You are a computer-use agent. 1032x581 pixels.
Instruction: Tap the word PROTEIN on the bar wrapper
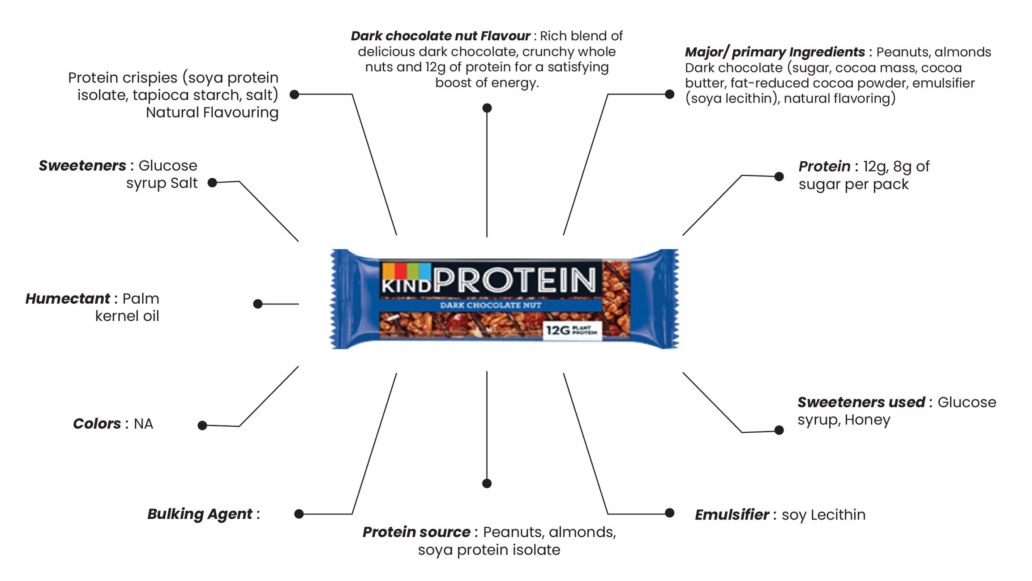[515, 280]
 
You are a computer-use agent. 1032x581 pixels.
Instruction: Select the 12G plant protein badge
[572, 331]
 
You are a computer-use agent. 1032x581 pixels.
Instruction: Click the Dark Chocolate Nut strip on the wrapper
[491, 306]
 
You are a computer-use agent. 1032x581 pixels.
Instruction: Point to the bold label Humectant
[68, 299]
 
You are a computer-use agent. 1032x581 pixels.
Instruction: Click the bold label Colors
[97, 424]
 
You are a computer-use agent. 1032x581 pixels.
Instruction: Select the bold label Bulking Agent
[200, 514]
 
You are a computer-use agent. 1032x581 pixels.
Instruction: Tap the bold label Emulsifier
[732, 515]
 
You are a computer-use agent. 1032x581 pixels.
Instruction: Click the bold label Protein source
[416, 532]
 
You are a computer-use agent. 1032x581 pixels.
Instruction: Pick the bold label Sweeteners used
[861, 402]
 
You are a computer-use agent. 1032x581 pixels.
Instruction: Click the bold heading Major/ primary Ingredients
[775, 52]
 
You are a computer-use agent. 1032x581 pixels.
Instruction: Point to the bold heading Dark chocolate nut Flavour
[440, 36]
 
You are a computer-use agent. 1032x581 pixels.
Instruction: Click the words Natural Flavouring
[212, 112]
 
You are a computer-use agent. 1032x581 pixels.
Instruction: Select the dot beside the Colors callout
[202, 425]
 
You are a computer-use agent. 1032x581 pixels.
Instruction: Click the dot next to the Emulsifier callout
[669, 513]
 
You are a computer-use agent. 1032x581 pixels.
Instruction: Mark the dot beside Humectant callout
[257, 304]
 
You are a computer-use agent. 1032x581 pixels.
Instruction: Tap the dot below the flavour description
[487, 108]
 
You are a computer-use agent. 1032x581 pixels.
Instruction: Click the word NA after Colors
[143, 424]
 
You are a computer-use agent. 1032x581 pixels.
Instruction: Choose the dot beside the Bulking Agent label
[299, 514]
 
